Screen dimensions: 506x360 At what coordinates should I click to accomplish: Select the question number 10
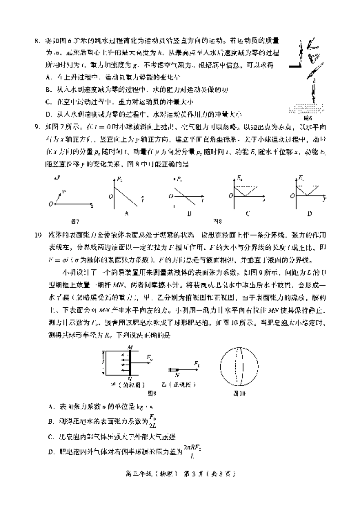(38, 235)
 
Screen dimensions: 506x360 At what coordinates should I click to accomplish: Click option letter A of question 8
(49, 77)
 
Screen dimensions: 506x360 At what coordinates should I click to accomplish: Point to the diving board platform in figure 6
(296, 66)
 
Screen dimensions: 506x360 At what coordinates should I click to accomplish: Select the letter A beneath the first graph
(126, 213)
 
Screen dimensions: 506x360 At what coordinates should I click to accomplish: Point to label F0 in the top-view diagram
(150, 357)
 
